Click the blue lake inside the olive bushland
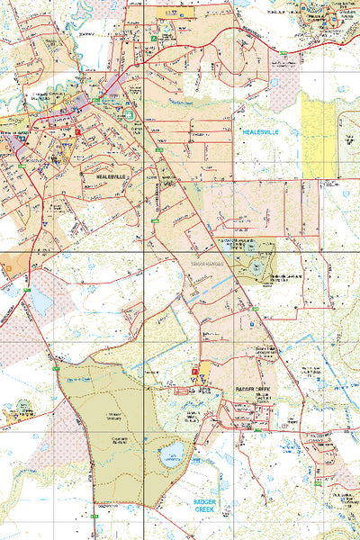point(172,450)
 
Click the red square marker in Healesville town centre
point(78,131)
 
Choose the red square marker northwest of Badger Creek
point(193,371)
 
